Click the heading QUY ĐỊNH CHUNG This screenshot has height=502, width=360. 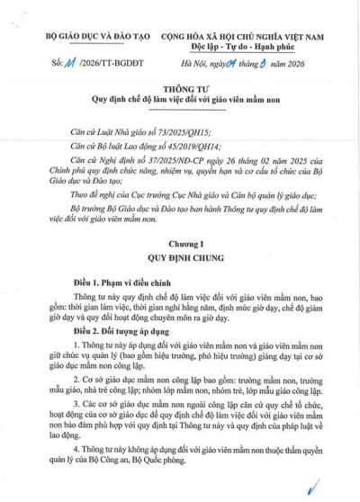point(180,256)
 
